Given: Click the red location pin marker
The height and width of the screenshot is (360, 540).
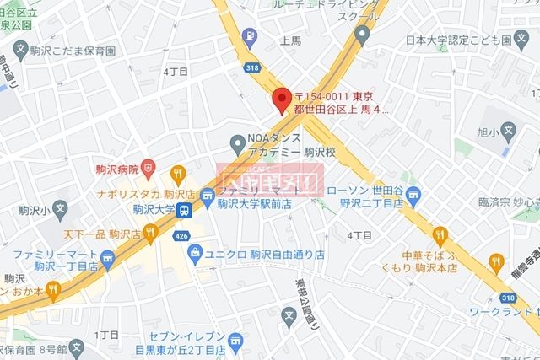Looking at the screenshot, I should point(282,97).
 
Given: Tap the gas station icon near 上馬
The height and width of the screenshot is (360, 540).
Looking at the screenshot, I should point(250,35).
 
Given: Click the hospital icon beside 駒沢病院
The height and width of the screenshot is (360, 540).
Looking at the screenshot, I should point(148,169).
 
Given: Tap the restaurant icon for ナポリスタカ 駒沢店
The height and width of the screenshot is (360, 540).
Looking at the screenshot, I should point(177,174).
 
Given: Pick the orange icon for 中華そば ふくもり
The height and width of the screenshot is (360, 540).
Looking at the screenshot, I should point(440,235).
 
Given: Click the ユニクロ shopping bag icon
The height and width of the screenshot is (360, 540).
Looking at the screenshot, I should point(195,252).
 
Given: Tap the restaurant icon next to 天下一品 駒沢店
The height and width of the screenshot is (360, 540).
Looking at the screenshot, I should point(150,230).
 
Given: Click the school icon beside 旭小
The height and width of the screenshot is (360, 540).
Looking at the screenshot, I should point(507,131).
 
